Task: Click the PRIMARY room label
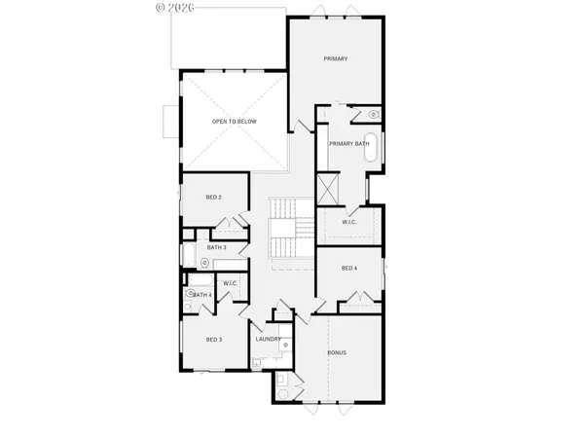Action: click(x=336, y=59)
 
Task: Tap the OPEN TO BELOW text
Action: click(x=234, y=122)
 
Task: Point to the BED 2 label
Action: click(x=213, y=198)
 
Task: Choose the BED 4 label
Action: click(x=349, y=268)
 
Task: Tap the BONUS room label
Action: click(x=338, y=351)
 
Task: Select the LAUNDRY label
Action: click(x=269, y=339)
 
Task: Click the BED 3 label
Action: click(x=214, y=339)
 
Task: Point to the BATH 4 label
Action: click(x=201, y=294)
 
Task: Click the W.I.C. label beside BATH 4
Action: click(x=231, y=283)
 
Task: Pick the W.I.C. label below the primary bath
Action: click(x=350, y=223)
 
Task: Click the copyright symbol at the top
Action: click(x=161, y=6)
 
